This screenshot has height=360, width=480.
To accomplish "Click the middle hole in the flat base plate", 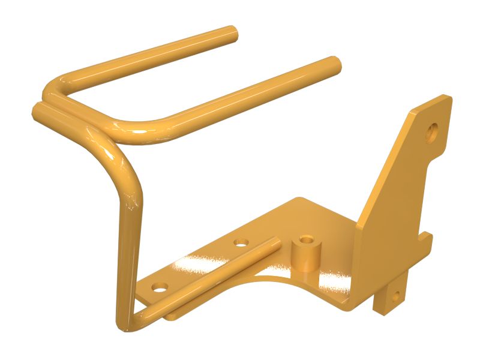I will pyautogui.click(x=241, y=243).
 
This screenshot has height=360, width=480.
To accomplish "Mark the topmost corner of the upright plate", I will pyautogui.click(x=445, y=97).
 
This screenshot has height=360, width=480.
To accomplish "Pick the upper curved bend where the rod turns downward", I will pyautogui.click(x=123, y=165).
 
